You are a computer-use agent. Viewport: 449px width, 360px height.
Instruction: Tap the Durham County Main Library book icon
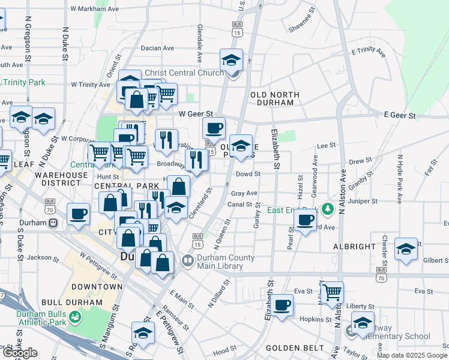187,261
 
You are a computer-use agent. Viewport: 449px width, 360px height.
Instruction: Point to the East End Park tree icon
327,209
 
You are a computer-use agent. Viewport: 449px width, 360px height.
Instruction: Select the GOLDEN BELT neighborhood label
286,348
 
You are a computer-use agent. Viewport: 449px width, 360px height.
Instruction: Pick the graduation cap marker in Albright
406,249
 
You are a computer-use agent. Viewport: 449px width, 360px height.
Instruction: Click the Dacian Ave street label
157,48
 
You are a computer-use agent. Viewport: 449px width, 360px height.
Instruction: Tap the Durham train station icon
53,223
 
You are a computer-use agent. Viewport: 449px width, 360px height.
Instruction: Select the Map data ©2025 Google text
412,355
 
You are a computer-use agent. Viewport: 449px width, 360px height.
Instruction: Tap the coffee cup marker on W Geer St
214,128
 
